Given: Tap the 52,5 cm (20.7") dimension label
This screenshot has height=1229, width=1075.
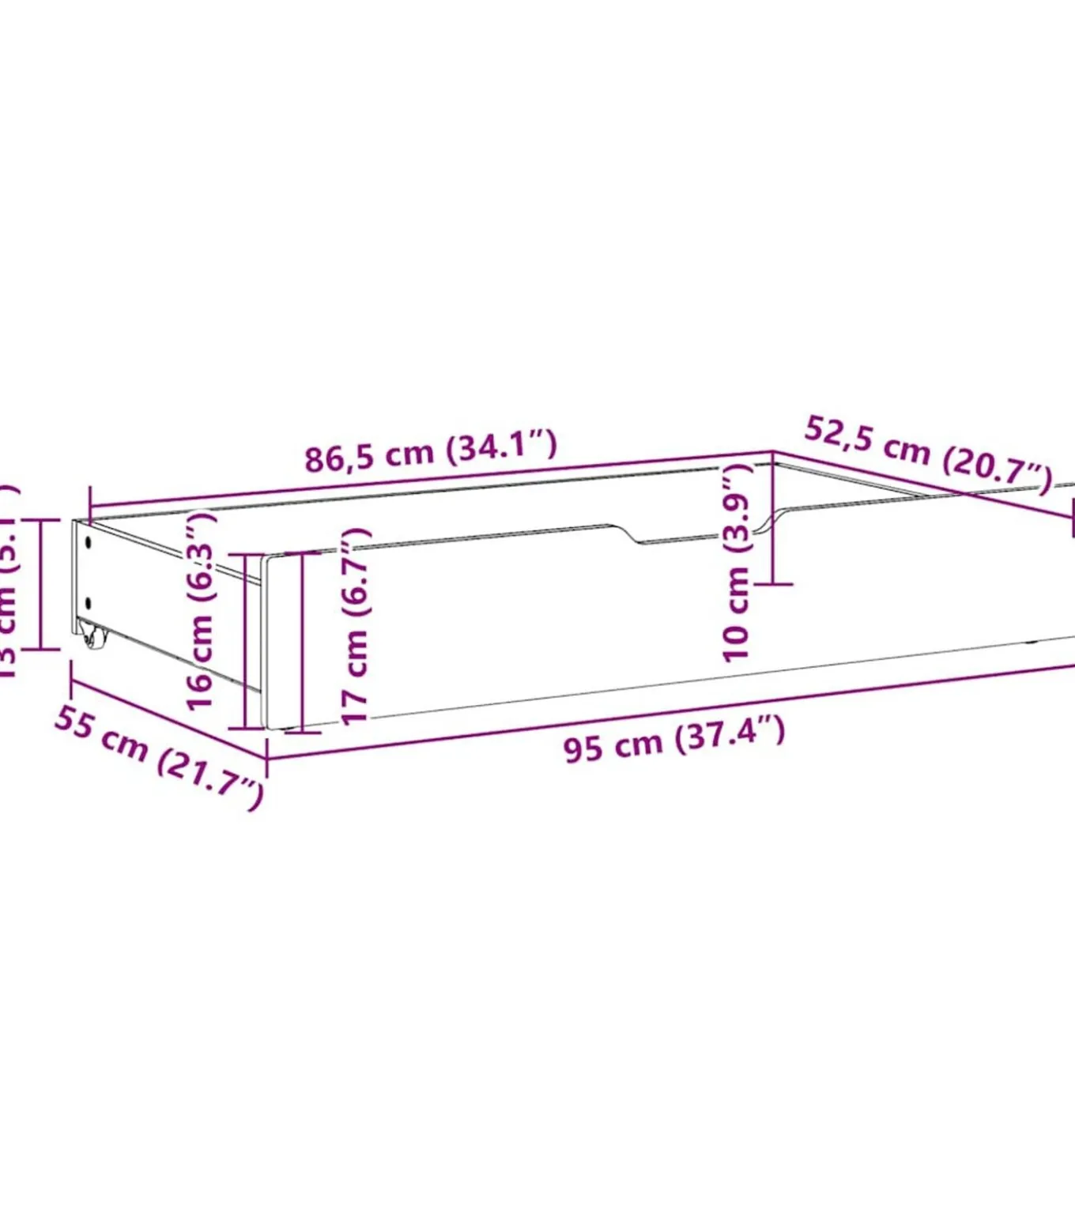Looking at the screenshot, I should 928,454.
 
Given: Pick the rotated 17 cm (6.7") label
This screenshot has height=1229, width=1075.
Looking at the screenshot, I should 355,625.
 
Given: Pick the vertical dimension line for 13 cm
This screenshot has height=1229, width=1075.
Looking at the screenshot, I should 40,584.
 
